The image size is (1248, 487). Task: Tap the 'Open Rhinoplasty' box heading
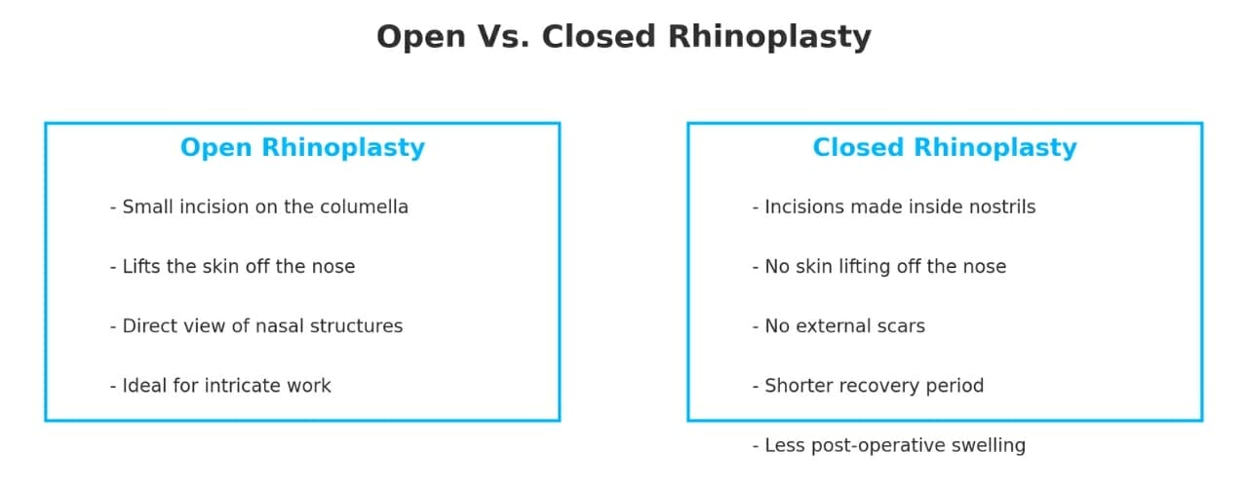302,148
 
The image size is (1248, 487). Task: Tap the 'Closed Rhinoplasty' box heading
944,148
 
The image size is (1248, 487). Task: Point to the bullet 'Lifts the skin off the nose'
232,267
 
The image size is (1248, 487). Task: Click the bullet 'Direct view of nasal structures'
255,326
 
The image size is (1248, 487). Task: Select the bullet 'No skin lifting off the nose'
878,267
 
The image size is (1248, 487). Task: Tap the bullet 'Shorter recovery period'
868,386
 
